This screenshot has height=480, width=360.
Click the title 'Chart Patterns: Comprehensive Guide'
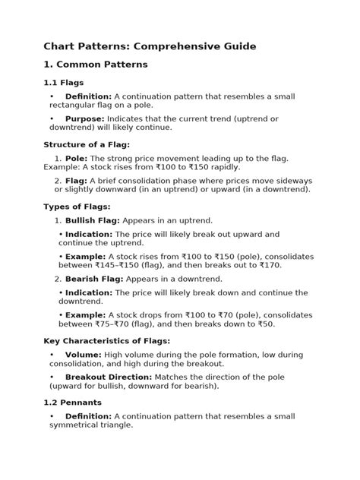(x=149, y=46)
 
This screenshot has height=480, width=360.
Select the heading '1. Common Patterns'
(x=95, y=65)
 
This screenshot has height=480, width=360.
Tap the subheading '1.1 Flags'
(x=63, y=82)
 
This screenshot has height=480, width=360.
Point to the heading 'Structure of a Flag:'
(x=87, y=144)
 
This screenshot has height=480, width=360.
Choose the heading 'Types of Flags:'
(x=77, y=205)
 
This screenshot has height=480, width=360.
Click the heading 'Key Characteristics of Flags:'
(x=106, y=341)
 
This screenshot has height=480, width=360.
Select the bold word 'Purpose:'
(x=85, y=118)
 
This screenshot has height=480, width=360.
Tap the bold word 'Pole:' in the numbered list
(x=76, y=157)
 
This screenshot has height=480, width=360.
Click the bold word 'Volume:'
(x=84, y=355)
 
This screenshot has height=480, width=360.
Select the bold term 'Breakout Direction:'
(x=108, y=377)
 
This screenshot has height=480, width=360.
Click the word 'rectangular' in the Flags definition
(x=69, y=106)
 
